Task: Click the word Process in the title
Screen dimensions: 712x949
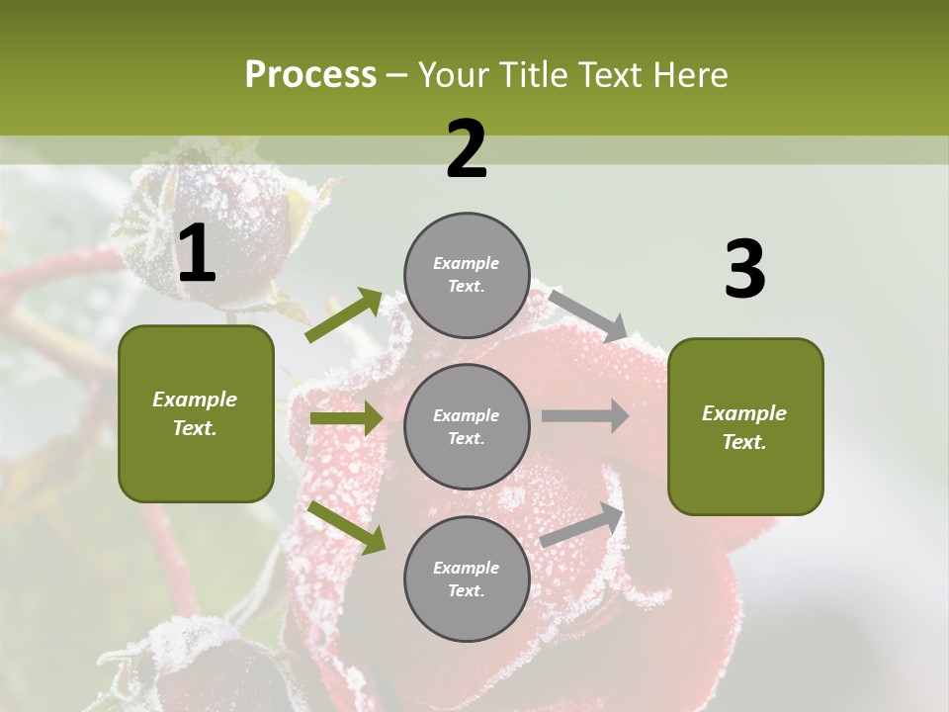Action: point(310,74)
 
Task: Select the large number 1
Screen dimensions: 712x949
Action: point(197,254)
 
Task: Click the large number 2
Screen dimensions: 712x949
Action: point(467,149)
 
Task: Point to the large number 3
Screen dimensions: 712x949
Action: point(744,270)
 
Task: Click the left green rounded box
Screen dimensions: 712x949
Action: point(196,413)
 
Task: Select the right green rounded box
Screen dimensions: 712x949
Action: point(745,427)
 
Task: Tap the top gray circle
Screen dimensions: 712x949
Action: point(467,275)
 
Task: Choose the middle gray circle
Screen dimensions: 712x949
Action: point(467,426)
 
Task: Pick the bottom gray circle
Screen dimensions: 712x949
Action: point(467,578)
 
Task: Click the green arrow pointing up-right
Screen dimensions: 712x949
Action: point(344,315)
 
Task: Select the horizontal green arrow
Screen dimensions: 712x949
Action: point(346,418)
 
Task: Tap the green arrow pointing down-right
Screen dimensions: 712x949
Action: point(347,527)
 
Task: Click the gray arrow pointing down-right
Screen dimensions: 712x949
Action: point(588,313)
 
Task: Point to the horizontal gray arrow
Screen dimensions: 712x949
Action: point(584,415)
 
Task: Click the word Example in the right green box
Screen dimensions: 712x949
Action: point(744,413)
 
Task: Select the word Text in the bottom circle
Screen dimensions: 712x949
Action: point(465,590)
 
